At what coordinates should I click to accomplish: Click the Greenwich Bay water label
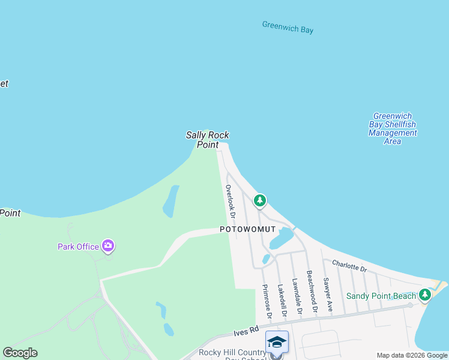tap(288, 27)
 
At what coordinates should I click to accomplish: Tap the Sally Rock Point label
tap(207, 140)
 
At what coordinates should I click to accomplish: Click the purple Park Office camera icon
tap(108, 245)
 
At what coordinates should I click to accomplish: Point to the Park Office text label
tap(78, 246)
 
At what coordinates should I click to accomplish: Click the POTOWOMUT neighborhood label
tap(247, 229)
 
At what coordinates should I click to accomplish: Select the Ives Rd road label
tap(246, 330)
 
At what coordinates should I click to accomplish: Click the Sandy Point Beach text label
tap(381, 296)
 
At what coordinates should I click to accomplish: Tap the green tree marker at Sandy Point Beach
tap(425, 295)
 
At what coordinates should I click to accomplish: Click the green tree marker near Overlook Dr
tap(259, 200)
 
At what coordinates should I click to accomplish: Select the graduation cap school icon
tap(277, 342)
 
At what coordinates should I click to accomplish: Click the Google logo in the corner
tap(20, 353)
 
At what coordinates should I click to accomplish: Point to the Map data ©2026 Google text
tap(412, 355)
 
